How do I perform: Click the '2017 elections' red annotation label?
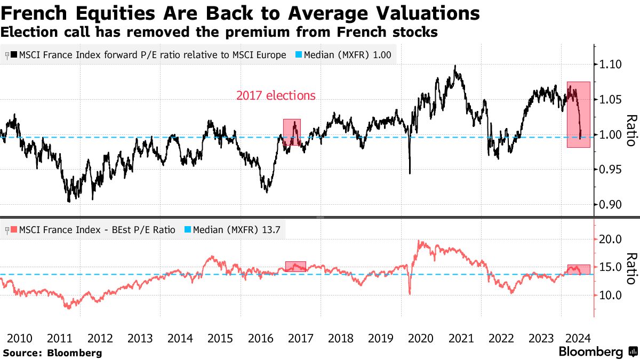[x=276, y=96]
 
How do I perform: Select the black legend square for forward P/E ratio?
[x=14, y=55]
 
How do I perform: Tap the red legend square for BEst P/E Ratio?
[x=14, y=230]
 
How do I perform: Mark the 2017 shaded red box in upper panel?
[x=292, y=132]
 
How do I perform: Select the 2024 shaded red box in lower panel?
[x=579, y=269]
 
